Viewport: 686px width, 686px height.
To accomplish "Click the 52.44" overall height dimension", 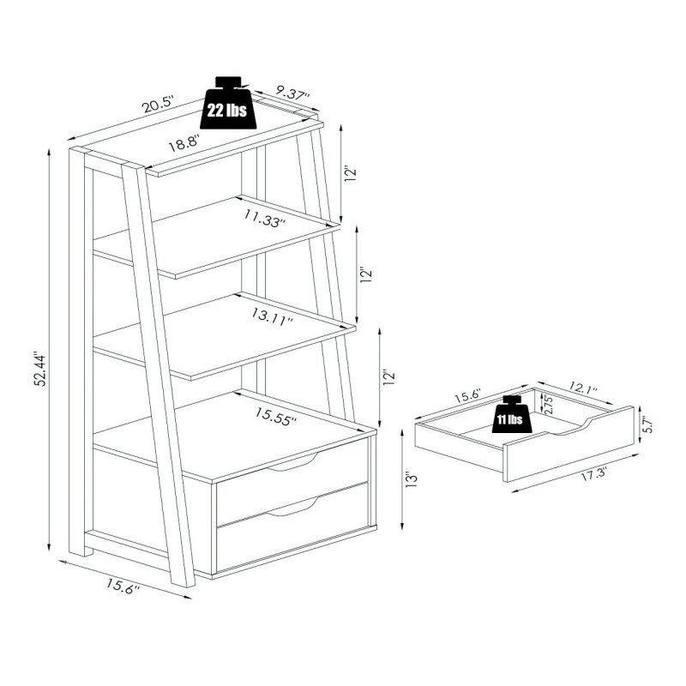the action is click(x=40, y=369).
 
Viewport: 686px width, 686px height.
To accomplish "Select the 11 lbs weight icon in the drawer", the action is click(x=510, y=414).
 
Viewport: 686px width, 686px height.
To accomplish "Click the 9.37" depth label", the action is click(x=293, y=93).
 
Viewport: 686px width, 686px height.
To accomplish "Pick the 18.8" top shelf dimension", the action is click(x=184, y=143).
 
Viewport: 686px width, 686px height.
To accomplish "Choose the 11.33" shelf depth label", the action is click(x=265, y=219).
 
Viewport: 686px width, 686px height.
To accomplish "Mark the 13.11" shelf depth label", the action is click(x=272, y=316).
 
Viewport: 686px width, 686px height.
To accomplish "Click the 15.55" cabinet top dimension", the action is click(x=276, y=414).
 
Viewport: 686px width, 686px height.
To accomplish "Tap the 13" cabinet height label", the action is click(x=412, y=479).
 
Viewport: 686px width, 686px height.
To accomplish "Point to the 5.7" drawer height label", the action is click(x=648, y=424).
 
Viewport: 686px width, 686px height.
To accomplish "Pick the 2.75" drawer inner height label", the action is click(x=549, y=405).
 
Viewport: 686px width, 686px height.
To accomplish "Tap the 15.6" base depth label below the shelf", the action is click(x=123, y=586).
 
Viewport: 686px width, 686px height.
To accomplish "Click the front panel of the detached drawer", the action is click(x=569, y=444).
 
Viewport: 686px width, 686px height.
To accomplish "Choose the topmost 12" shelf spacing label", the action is click(x=351, y=173).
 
